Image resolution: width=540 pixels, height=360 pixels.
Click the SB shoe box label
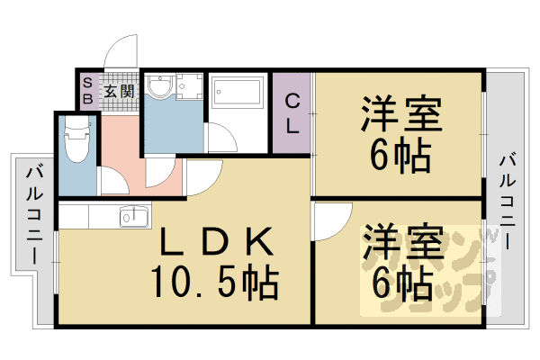pos(87,91)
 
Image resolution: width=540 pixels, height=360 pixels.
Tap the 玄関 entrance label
pos(118,91)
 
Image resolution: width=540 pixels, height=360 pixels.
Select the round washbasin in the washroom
pos(160,88)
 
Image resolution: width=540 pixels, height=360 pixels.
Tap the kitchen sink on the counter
pos(136,216)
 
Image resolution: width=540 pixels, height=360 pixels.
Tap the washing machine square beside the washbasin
pos(189,88)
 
